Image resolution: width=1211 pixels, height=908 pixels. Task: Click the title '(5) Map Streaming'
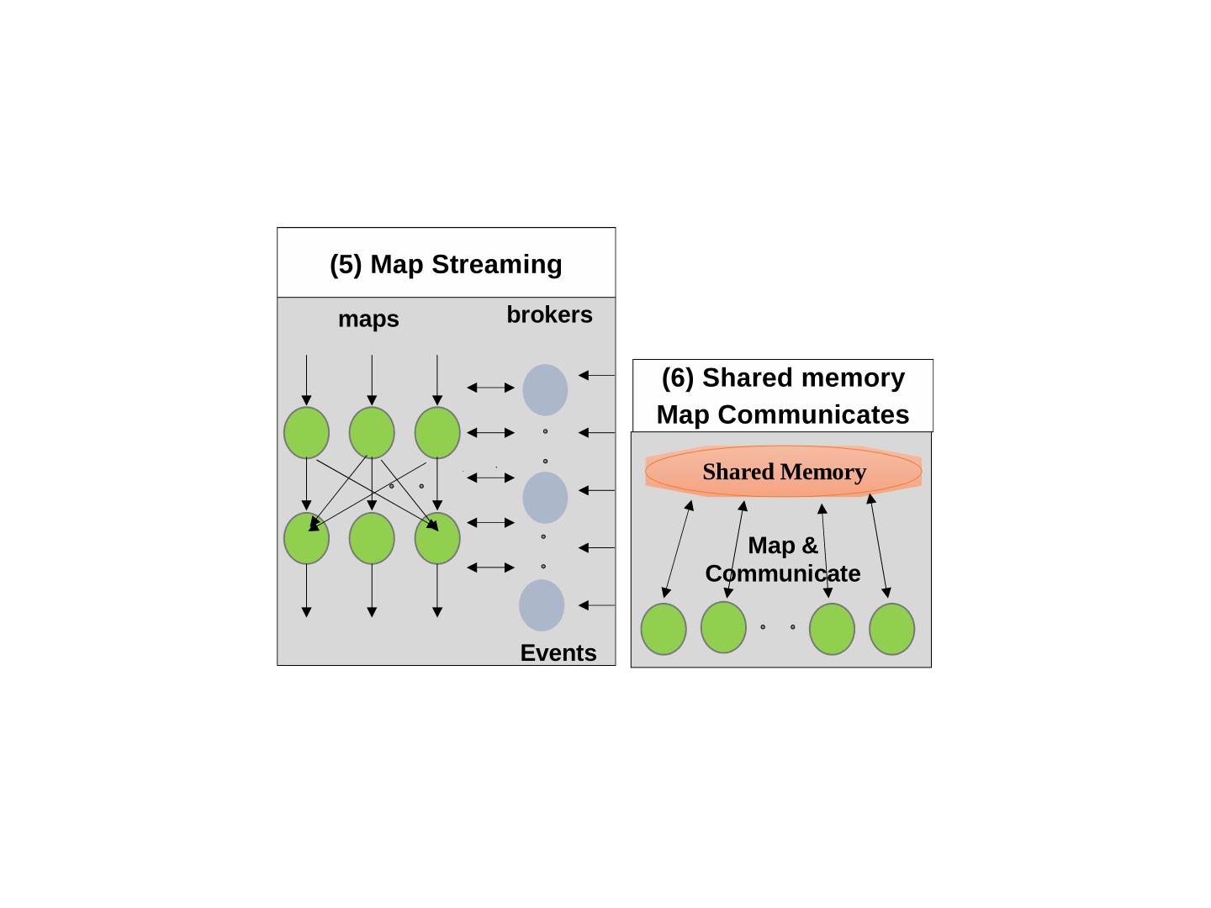pyautogui.click(x=446, y=264)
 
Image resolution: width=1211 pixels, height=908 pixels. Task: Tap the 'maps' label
pyautogui.click(x=368, y=319)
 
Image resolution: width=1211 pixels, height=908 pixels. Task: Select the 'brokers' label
pyautogui.click(x=549, y=314)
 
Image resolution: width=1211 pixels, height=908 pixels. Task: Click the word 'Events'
pyautogui.click(x=558, y=652)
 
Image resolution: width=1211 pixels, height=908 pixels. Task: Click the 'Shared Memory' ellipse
pyautogui.click(x=784, y=472)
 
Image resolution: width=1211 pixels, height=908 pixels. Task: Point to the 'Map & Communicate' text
pyautogui.click(x=782, y=559)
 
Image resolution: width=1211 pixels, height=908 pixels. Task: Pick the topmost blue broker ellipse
pyautogui.click(x=545, y=389)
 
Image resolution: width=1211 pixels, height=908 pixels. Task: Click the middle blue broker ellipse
pyautogui.click(x=545, y=497)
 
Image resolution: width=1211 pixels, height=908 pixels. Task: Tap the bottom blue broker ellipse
pyautogui.click(x=542, y=604)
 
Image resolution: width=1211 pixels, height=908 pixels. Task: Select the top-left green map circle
pyautogui.click(x=306, y=432)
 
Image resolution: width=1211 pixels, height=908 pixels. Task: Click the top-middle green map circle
pyautogui.click(x=372, y=432)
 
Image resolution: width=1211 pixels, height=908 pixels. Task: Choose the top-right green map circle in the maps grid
pyautogui.click(x=437, y=432)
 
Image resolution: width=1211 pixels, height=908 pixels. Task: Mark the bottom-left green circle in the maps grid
pyautogui.click(x=306, y=538)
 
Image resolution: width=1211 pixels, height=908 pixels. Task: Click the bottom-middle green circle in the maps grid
pyautogui.click(x=372, y=538)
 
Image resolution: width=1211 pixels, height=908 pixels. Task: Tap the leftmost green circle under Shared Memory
pyautogui.click(x=664, y=629)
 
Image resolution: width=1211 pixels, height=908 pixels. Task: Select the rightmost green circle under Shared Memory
pyautogui.click(x=891, y=629)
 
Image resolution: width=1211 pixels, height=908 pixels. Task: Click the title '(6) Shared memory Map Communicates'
pyautogui.click(x=782, y=396)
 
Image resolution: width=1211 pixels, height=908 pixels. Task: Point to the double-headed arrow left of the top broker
pyautogui.click(x=490, y=388)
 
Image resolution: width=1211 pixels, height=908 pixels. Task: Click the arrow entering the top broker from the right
pyautogui.click(x=596, y=375)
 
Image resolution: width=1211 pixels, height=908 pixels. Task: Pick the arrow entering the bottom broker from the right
pyautogui.click(x=596, y=605)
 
